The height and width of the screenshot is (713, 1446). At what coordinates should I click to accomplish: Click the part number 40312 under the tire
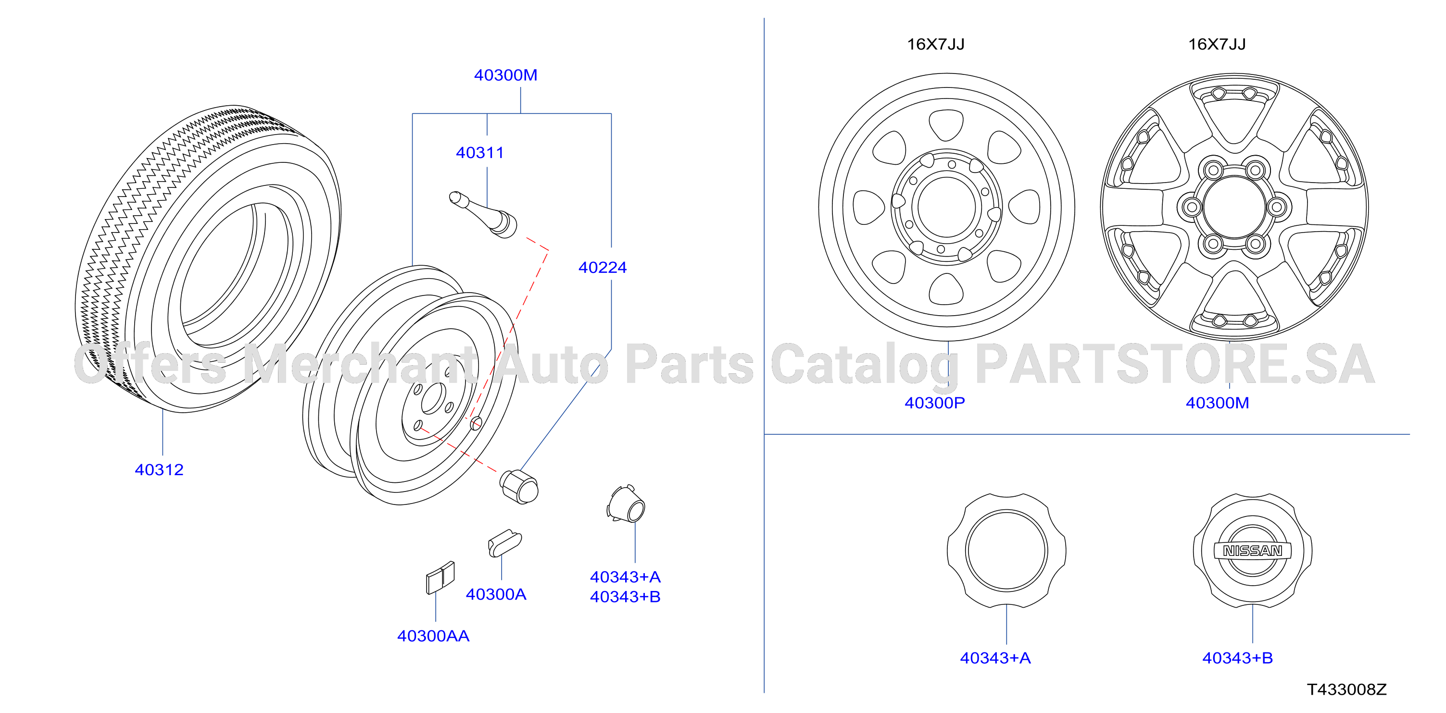(160, 469)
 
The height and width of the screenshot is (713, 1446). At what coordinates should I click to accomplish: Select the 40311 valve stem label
(480, 153)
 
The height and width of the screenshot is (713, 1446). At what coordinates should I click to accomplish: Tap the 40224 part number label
(603, 268)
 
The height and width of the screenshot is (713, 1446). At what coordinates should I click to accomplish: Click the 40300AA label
(433, 636)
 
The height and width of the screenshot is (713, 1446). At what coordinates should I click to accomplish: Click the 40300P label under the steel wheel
(935, 403)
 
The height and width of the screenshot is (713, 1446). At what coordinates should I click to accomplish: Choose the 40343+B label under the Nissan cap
(1237, 658)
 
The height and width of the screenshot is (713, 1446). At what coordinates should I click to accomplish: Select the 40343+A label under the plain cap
(995, 658)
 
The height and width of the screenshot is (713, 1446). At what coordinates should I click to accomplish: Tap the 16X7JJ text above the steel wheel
(936, 44)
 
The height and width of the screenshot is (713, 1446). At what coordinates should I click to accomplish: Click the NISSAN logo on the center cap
(1252, 551)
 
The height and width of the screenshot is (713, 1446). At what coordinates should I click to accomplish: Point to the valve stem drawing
(483, 214)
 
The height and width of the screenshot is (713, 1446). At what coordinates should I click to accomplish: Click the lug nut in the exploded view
(519, 486)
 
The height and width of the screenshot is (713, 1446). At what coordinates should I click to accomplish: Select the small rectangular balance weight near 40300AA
(440, 577)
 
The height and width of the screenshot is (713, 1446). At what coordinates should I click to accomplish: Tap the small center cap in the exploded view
(627, 504)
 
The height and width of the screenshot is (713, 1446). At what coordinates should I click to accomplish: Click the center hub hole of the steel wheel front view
(947, 207)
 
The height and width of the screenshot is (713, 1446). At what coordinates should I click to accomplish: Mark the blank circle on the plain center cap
(1006, 551)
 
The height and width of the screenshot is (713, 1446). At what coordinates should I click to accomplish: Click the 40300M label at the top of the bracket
(506, 75)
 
